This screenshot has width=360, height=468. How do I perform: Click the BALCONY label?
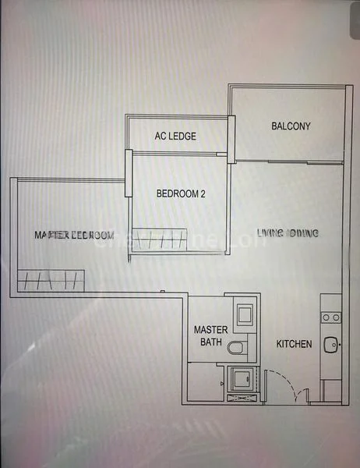click(x=291, y=126)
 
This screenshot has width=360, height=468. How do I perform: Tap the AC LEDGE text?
click(x=175, y=136)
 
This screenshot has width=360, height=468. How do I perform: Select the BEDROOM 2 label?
click(x=181, y=193)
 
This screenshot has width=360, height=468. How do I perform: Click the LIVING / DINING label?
click(x=288, y=233)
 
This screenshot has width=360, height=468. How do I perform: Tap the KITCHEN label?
click(x=295, y=344)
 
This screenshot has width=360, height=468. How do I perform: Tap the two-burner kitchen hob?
click(x=331, y=317)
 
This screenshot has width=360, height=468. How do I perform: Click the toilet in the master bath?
click(x=238, y=348)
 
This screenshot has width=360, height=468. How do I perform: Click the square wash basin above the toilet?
click(x=243, y=315)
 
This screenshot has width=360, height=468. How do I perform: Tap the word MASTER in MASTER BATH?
click(x=210, y=330)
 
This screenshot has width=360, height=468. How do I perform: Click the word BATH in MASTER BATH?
click(x=211, y=342)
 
